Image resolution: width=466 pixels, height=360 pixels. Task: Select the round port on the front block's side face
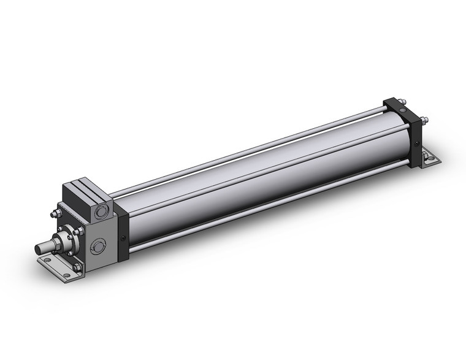[97, 248]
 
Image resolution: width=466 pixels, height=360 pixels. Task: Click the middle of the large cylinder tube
[258, 178]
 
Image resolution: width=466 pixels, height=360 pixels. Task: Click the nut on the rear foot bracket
[426, 161]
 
